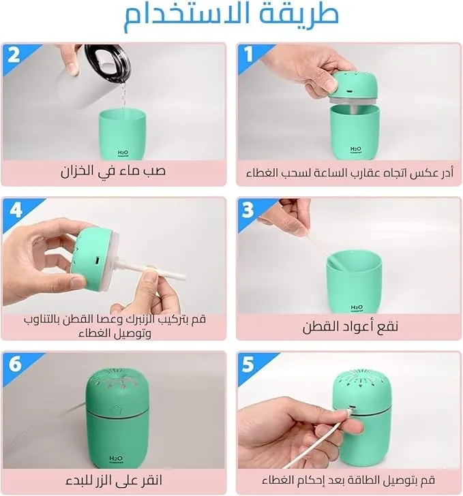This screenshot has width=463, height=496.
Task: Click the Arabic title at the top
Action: tap(231, 16)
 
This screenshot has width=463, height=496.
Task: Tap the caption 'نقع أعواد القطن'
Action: tap(350, 326)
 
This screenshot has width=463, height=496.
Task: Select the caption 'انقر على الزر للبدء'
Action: tap(114, 480)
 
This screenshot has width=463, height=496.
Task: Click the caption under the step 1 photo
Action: tap(350, 172)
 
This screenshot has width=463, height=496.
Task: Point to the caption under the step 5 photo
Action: tap(350, 480)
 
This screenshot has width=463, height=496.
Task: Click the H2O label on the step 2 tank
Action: tap(123, 151)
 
